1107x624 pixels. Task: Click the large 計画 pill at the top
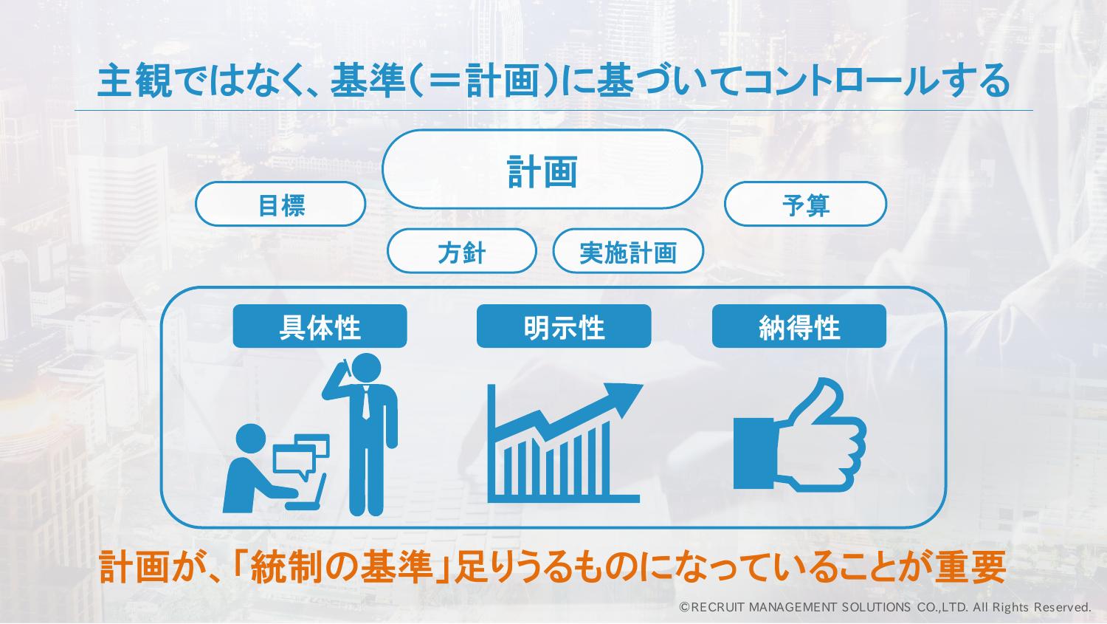(542, 169)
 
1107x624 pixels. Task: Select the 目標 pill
(280, 205)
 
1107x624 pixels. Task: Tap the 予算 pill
(806, 205)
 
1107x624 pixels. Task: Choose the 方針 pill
(461, 251)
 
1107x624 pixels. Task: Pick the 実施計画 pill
(628, 251)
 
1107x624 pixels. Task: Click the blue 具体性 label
(320, 326)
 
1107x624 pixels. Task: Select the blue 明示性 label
(564, 326)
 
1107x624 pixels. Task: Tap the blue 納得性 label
(799, 326)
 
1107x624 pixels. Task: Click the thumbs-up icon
(799, 435)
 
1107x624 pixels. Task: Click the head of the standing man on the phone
(366, 368)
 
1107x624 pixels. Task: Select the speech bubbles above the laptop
(301, 455)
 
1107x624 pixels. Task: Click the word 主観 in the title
(135, 80)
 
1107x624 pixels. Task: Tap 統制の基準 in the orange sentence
(342, 566)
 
